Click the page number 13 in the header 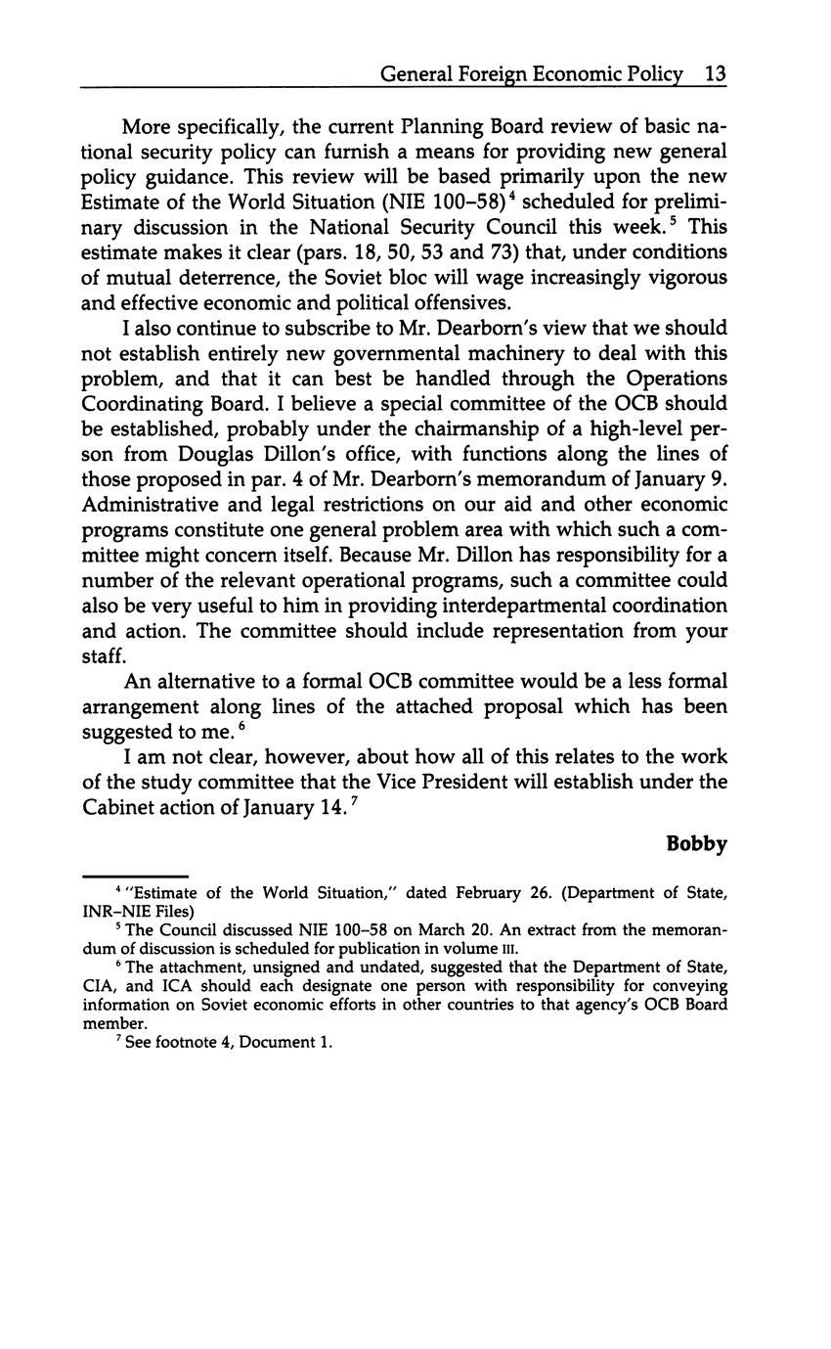(714, 74)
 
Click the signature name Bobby (696, 843)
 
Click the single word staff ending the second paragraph (103, 656)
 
